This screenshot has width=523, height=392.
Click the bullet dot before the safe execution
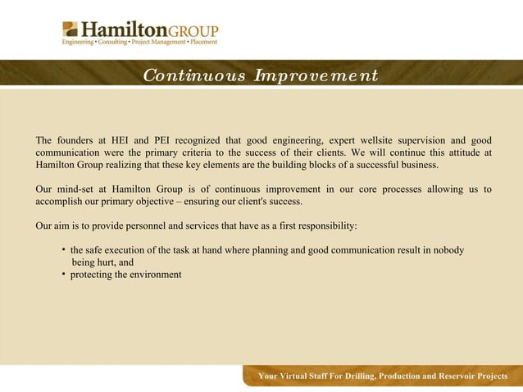[x=64, y=249]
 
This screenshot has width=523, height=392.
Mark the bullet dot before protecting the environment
[x=64, y=273]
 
